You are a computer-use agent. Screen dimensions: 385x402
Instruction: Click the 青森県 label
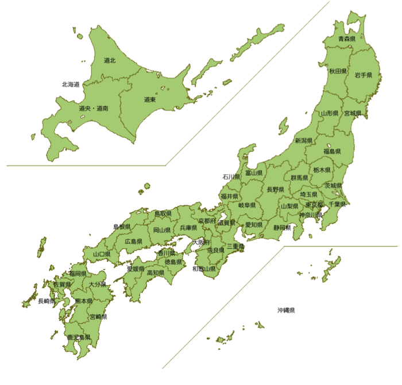346,39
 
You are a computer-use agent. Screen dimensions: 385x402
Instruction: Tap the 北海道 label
70,84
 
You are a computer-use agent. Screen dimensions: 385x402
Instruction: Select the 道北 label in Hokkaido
110,60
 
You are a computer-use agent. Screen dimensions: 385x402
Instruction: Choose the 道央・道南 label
94,108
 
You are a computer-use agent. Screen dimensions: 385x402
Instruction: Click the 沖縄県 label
286,310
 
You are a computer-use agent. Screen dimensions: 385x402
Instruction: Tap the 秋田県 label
338,71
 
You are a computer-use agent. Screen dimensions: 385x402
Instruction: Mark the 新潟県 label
304,140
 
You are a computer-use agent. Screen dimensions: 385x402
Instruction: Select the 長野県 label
275,188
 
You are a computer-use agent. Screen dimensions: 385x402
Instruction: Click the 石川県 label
231,176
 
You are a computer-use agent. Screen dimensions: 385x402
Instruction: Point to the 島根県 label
122,227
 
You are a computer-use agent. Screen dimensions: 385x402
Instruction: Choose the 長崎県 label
47,301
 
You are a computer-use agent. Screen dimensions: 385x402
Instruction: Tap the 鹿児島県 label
79,337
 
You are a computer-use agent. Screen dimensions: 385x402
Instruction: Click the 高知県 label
156,273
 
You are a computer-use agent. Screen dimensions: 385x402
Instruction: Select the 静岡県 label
282,228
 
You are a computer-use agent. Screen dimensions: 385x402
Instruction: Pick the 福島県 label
332,151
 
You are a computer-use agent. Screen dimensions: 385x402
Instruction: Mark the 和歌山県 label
204,268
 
